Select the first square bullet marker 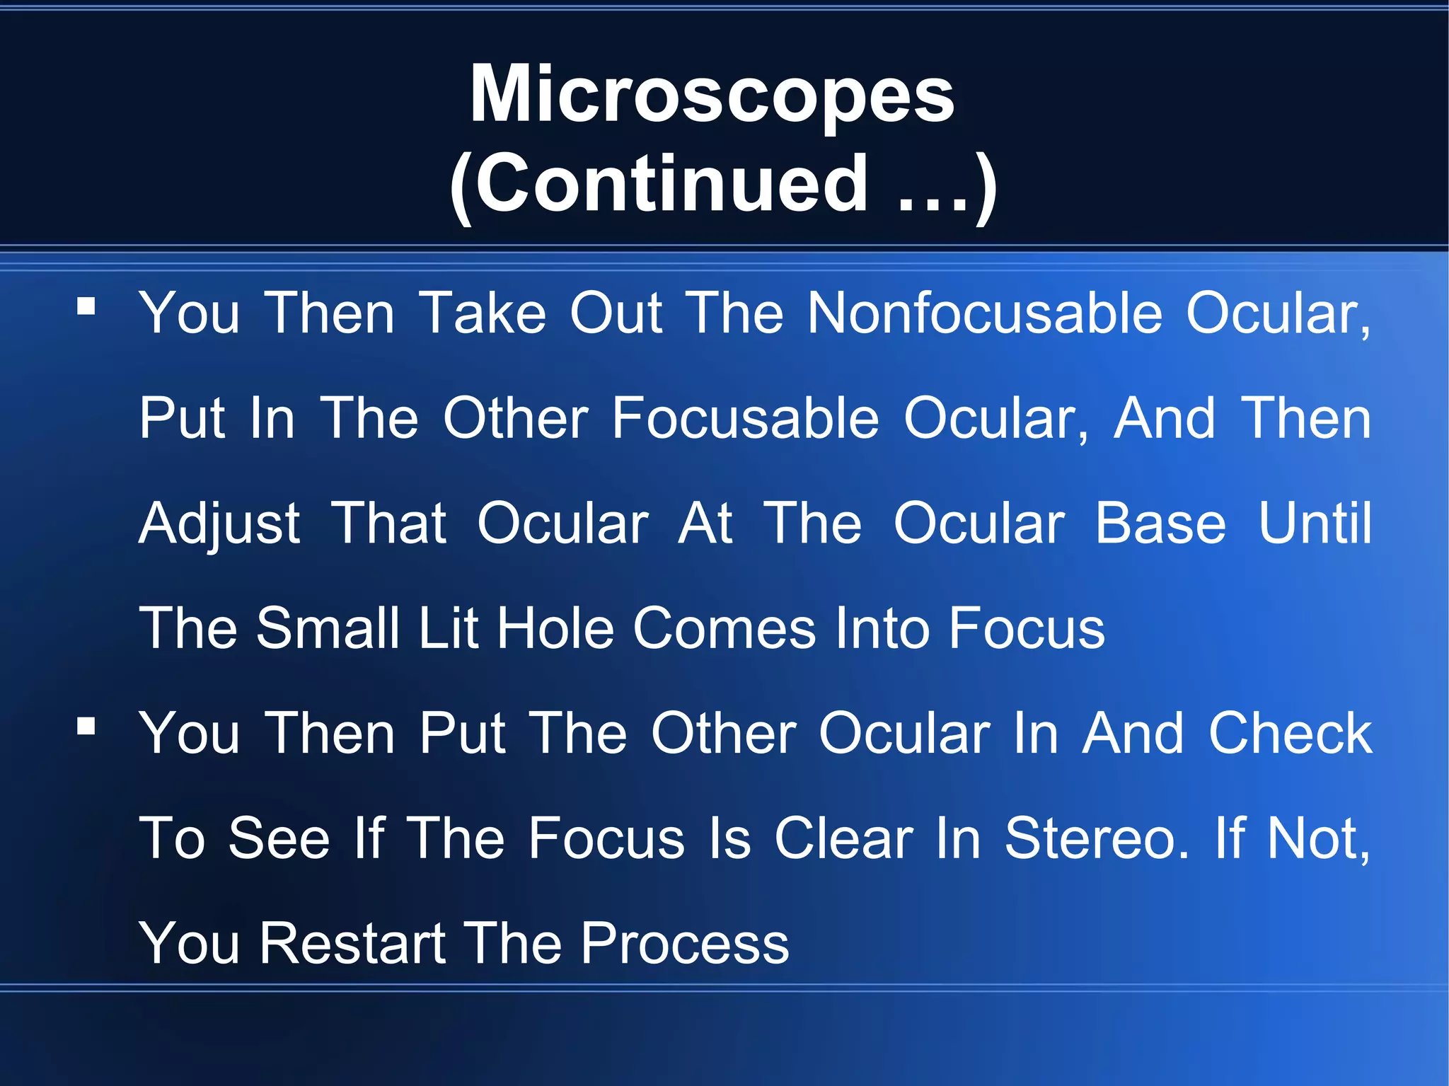[86, 306]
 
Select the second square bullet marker [86, 726]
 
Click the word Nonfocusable [984, 313]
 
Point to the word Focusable [746, 419]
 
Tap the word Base [1160, 524]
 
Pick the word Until [1315, 524]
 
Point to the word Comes [724, 629]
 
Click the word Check [1290, 734]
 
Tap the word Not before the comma [1313, 839]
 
